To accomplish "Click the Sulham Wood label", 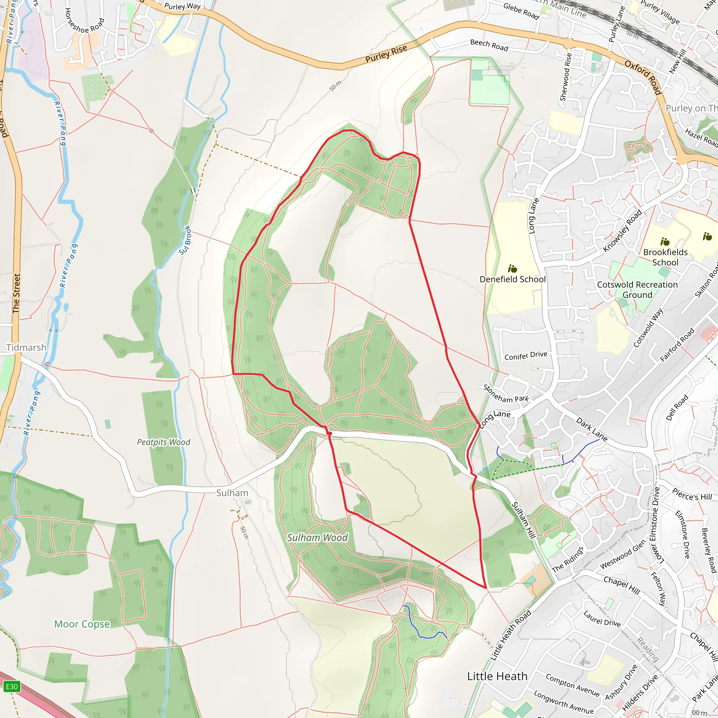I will pyautogui.click(x=317, y=538).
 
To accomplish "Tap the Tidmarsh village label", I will pyautogui.click(x=26, y=347).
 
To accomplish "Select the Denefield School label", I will pyautogui.click(x=513, y=279).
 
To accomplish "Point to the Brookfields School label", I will pyautogui.click(x=665, y=257).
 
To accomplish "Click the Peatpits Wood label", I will pyautogui.click(x=163, y=442).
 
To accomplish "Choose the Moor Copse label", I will pyautogui.click(x=82, y=624).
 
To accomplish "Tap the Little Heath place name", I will pyautogui.click(x=497, y=676).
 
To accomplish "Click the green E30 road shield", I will pyautogui.click(x=12, y=686).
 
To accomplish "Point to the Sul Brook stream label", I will pyautogui.click(x=185, y=240).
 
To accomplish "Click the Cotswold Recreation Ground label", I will pyautogui.click(x=637, y=290).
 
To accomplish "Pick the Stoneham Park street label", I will pyautogui.click(x=506, y=394).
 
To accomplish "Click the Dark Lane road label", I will pyautogui.click(x=592, y=429).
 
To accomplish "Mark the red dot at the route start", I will pyautogui.click(x=329, y=433).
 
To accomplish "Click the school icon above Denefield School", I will pyautogui.click(x=513, y=268).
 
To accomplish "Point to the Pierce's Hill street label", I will pyautogui.click(x=692, y=494).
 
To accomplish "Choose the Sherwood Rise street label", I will pyautogui.click(x=565, y=77).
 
